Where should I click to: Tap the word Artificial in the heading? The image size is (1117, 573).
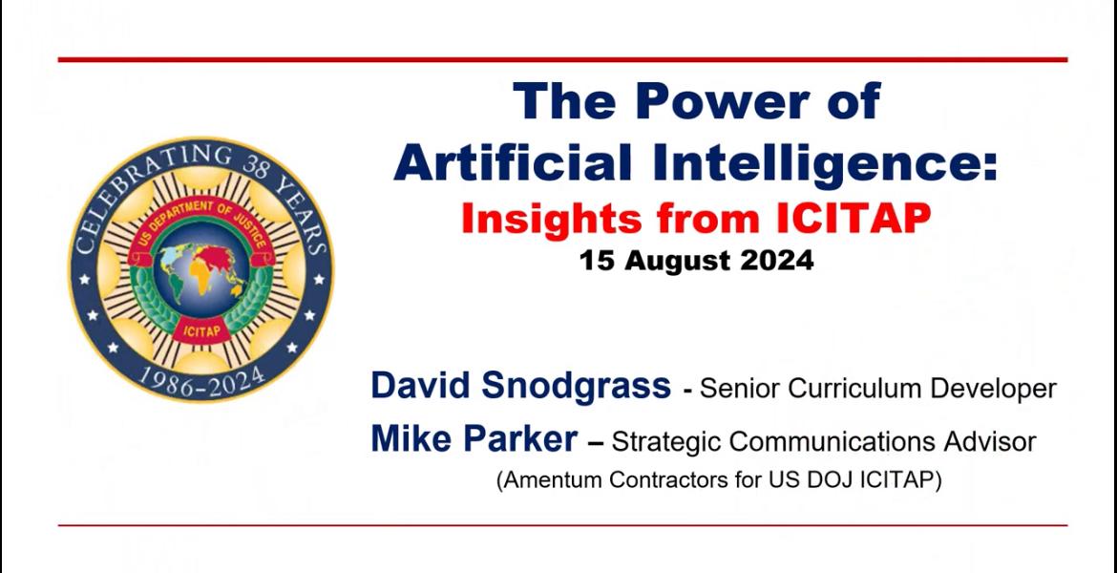[x=513, y=162]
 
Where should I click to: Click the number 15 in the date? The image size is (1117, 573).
[x=595, y=261]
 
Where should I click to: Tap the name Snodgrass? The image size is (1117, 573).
[x=576, y=387]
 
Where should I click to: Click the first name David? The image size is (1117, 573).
[x=421, y=386]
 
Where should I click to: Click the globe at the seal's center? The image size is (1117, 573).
[x=200, y=268]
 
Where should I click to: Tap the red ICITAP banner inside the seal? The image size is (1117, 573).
[x=201, y=331]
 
